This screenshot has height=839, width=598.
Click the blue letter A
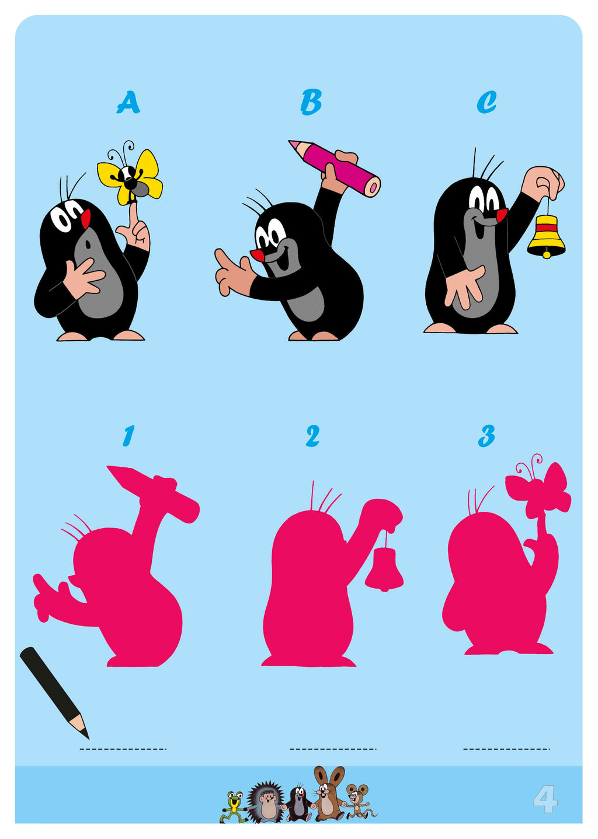(x=128, y=102)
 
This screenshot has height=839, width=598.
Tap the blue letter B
(x=311, y=102)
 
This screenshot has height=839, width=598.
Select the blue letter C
(x=486, y=102)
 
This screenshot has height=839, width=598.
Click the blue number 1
(x=128, y=436)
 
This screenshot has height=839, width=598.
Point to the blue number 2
(x=312, y=436)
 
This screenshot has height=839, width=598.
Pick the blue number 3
(x=486, y=436)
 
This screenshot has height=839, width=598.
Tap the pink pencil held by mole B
(x=335, y=168)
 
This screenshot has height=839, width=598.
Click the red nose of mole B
(x=257, y=256)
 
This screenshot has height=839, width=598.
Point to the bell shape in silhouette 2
(x=384, y=569)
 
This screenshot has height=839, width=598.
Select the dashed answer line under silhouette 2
(x=333, y=749)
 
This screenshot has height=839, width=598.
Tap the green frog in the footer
(x=233, y=806)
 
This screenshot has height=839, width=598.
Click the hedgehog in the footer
(x=266, y=802)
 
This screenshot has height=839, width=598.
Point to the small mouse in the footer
(x=358, y=801)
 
